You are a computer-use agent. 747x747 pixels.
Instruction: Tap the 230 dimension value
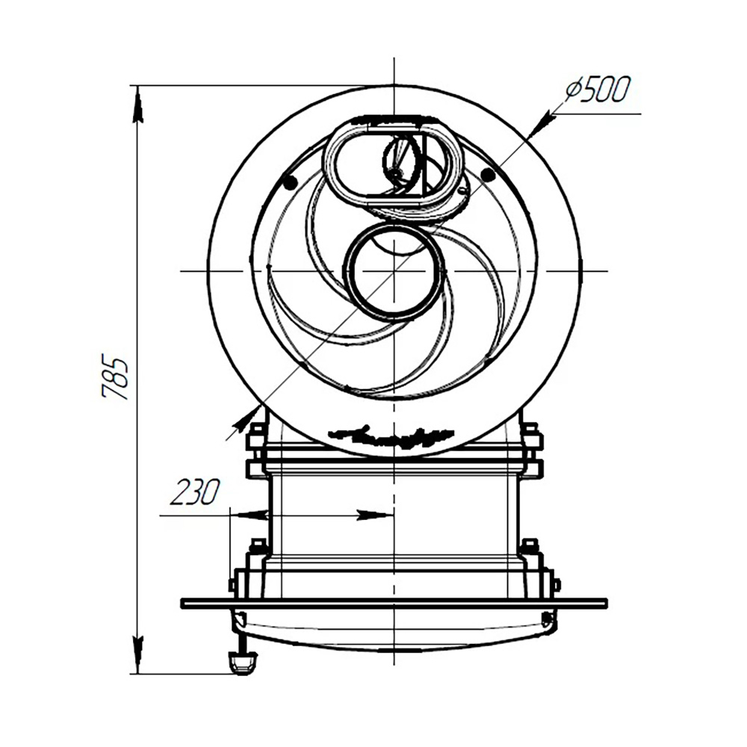pyautogui.click(x=195, y=492)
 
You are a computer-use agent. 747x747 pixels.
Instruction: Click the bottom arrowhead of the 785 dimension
pyautogui.click(x=138, y=656)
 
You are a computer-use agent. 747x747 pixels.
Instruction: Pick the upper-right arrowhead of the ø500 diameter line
pyautogui.click(x=540, y=125)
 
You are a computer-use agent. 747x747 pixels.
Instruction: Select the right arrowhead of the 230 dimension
pyautogui.click(x=376, y=515)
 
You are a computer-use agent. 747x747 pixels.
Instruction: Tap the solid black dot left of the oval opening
pyautogui.click(x=290, y=182)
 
